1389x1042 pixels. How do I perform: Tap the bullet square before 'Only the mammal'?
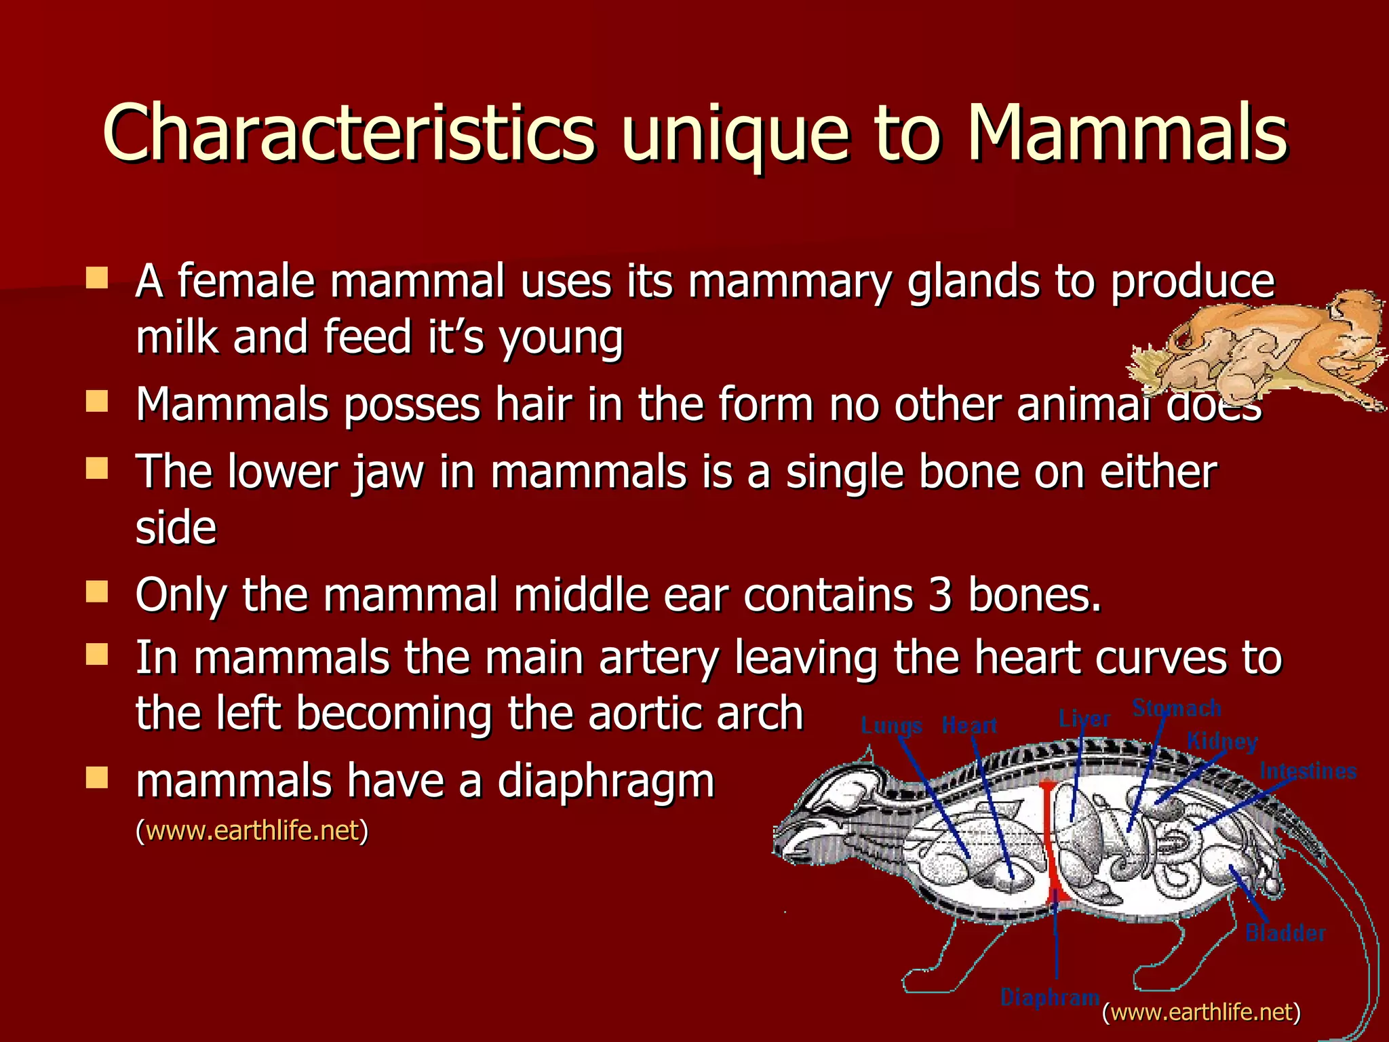[x=98, y=592]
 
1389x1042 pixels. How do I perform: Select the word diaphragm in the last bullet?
[x=606, y=781]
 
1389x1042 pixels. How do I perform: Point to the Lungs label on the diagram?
[x=891, y=726]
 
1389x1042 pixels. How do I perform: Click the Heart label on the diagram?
[x=969, y=726]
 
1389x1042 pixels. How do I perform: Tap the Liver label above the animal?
[x=1084, y=718]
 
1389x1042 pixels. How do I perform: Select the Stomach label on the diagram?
[x=1177, y=708]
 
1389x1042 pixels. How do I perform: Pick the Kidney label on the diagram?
[x=1221, y=741]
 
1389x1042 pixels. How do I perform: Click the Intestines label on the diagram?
[x=1308, y=771]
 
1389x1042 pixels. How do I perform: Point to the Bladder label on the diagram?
[x=1285, y=933]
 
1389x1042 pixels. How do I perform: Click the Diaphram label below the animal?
[x=1050, y=997]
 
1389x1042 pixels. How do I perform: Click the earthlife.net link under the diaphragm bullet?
[x=252, y=830]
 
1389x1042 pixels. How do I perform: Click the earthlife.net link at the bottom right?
[x=1201, y=1011]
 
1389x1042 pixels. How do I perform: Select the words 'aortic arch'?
[x=695, y=714]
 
